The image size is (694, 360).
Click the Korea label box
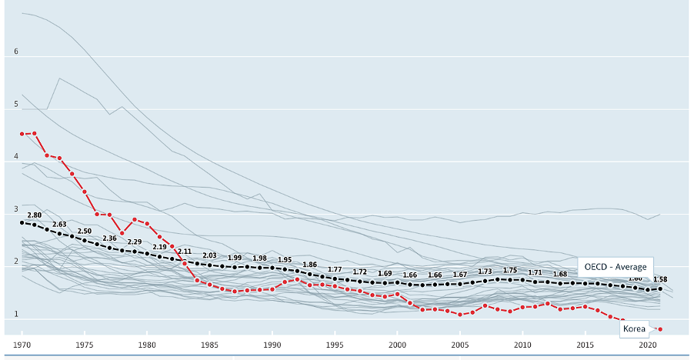point(635,328)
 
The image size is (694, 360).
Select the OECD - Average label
point(615,266)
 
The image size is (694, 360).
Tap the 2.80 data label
point(34,215)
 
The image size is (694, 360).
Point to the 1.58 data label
point(659,279)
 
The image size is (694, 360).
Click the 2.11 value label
point(184,252)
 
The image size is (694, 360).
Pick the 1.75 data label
point(509,270)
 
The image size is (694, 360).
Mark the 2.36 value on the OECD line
point(109,238)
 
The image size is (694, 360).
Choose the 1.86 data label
point(309,264)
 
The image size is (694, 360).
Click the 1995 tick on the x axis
point(334,345)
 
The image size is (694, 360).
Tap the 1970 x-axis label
point(22,345)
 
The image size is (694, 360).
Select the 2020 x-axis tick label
point(647,345)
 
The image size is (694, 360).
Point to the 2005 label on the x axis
point(459,345)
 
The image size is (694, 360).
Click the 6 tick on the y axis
point(15,52)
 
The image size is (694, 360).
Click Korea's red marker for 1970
point(22,134)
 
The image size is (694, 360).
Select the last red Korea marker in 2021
point(660,329)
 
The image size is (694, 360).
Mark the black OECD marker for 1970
point(22,223)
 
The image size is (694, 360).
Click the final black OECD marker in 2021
point(660,289)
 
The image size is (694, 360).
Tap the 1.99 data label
point(235,258)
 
